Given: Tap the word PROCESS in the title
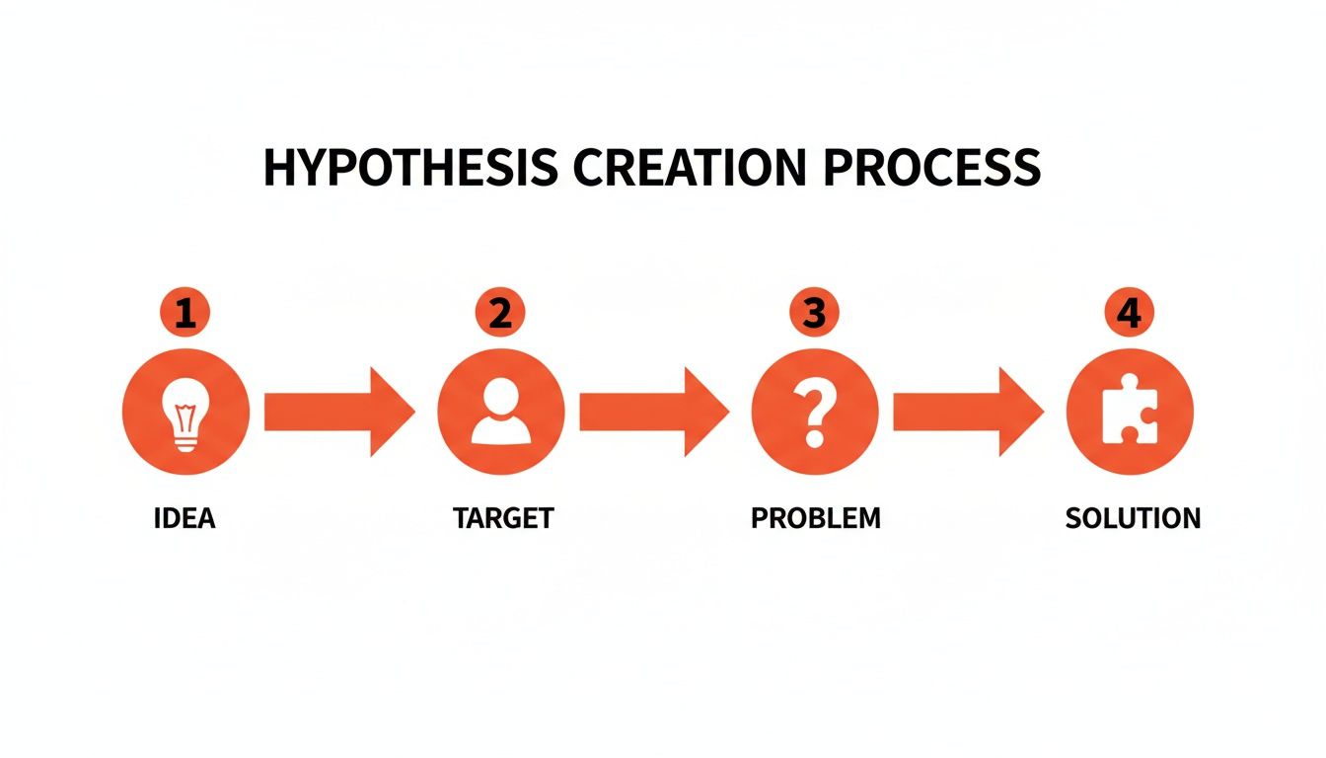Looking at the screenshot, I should pos(930,168).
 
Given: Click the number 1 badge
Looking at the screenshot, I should pos(185,314).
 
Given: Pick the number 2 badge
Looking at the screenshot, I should pos(500,314).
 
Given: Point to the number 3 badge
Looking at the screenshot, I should pos(814,314).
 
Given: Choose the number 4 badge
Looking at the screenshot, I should pos(1129,314).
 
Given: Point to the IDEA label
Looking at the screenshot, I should pos(184,518).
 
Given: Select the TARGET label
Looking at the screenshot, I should pos(503,518).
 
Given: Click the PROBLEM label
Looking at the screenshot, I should pos(815,518).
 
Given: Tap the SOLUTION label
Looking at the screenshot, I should pos(1133,518).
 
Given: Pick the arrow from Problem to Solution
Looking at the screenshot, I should pos(968,412).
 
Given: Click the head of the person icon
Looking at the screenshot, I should pos(500,397).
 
